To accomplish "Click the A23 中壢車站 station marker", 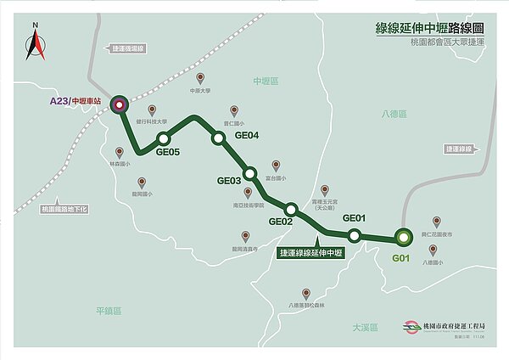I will (119, 105).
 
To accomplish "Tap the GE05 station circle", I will (164, 138).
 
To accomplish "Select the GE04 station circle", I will (218, 138).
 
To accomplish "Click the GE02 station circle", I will (291, 209).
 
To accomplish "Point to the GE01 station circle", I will (355, 233).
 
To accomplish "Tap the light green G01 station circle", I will (402, 238).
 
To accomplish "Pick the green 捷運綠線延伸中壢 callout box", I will (311, 253).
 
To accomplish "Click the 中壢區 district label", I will (266, 81).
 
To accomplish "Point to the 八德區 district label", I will (394, 114).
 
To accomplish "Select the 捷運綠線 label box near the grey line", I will (456, 148).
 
